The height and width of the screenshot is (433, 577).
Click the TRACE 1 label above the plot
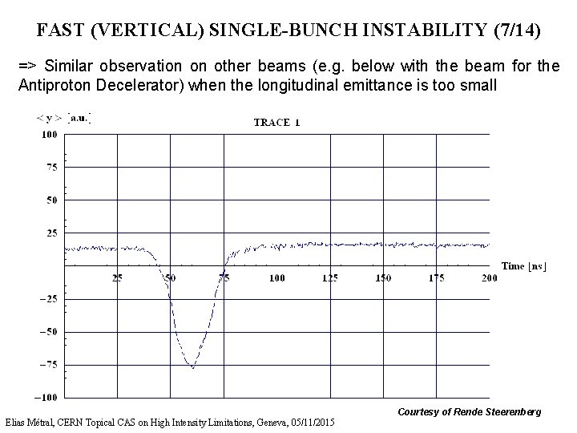click(x=276, y=123)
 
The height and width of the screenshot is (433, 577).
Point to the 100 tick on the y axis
click(x=49, y=135)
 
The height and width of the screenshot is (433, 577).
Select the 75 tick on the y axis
click(x=50, y=167)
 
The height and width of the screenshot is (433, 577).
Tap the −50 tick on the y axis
click(x=48, y=332)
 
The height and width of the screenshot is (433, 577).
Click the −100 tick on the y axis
click(x=46, y=398)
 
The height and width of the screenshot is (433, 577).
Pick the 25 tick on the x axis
click(x=117, y=278)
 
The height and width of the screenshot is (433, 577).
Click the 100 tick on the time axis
click(x=276, y=278)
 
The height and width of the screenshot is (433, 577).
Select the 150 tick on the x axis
click(x=383, y=278)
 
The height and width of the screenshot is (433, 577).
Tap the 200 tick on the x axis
click(x=488, y=278)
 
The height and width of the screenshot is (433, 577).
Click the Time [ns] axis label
click(x=524, y=265)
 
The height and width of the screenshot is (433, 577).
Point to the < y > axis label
click(x=50, y=118)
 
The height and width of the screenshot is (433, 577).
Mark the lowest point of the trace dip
click(x=192, y=367)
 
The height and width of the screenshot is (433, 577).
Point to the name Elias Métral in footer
click(x=33, y=423)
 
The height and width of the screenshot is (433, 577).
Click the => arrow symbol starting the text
click(x=28, y=65)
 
